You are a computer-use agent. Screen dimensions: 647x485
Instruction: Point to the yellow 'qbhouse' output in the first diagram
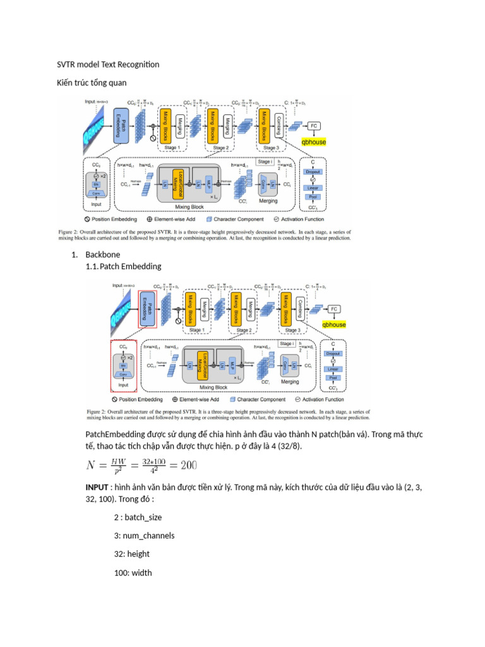pyautogui.click(x=314, y=142)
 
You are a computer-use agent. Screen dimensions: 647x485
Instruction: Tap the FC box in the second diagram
pyautogui.click(x=335, y=308)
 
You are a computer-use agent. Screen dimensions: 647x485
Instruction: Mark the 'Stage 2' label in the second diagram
pyautogui.click(x=244, y=330)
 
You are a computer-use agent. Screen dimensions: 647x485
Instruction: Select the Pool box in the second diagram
pyautogui.click(x=334, y=377)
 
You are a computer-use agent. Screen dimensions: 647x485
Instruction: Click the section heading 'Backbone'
pyautogui.click(x=102, y=255)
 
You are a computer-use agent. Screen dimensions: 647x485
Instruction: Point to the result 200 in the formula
pyautogui.click(x=188, y=466)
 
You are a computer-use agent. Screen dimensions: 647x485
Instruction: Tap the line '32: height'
pyautogui.click(x=130, y=553)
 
